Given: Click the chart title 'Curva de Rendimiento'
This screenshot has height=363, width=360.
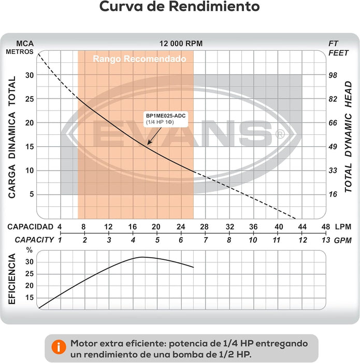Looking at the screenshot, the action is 179,6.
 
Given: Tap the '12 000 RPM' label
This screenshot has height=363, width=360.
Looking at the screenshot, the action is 181,44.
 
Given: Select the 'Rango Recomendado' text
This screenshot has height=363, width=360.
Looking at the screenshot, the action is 139,59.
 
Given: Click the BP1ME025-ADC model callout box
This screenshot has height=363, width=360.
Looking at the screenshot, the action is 166,119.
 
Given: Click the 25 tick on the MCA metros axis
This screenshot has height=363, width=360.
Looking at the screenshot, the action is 30,99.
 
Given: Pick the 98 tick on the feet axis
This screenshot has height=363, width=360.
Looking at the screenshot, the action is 333,75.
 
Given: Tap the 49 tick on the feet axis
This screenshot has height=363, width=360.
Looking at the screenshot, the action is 333,147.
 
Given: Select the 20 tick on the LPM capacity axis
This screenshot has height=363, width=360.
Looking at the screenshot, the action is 156,227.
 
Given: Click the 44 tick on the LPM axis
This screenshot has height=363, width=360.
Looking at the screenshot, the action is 302,227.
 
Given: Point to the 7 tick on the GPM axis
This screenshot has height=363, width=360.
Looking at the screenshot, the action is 205,240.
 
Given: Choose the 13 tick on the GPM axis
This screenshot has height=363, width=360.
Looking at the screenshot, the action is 326,240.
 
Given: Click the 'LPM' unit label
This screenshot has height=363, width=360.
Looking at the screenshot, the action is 343,227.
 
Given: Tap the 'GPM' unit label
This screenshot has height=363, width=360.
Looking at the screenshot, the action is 343,241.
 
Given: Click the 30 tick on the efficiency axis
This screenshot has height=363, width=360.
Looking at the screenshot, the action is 30,262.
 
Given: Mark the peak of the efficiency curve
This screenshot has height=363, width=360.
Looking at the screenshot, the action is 141,257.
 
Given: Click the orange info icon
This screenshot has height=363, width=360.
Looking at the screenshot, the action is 59,347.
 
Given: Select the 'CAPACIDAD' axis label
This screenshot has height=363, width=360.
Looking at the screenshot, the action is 30,227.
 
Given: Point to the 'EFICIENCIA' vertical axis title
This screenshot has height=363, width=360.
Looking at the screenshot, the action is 12,279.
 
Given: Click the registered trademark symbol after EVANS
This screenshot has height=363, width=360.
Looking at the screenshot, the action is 280,134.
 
